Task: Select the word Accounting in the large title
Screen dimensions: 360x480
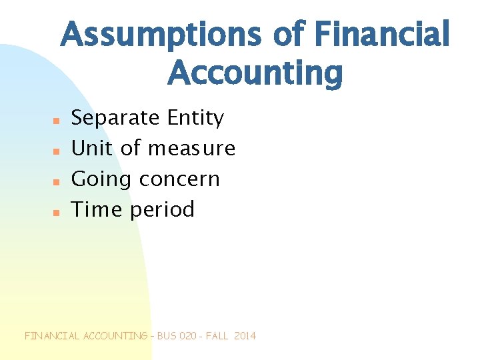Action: pos(255,73)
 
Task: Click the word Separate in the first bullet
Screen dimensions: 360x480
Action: pos(115,119)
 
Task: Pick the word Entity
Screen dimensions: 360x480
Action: pos(195,119)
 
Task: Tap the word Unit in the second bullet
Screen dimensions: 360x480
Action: pos(92,148)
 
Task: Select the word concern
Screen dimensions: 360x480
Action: pos(179,179)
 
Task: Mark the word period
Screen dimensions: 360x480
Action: pos(162,210)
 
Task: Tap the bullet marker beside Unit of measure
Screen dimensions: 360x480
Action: pos(57,151)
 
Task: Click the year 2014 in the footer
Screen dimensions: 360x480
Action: pos(245,336)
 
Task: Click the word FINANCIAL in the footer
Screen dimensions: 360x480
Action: pos(52,336)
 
